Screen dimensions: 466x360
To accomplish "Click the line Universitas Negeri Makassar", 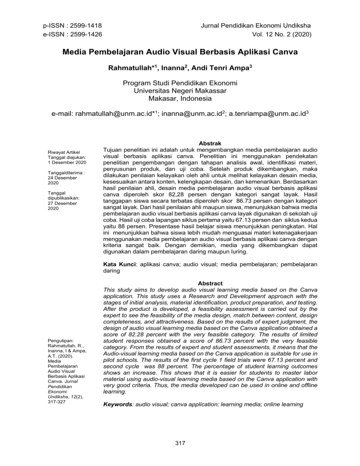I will click(x=180, y=92).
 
